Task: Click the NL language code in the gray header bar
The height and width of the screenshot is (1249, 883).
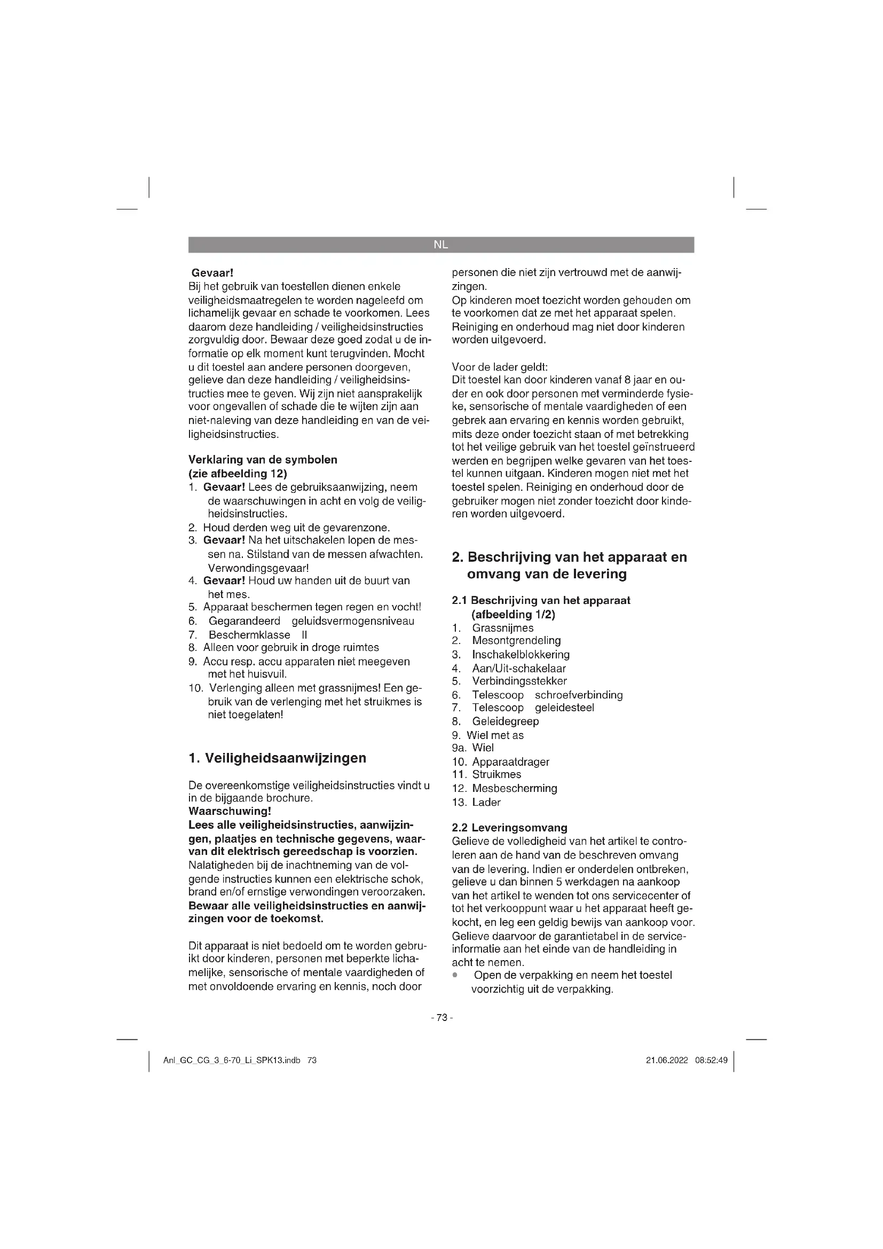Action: tap(441, 245)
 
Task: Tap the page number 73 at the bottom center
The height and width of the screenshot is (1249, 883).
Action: tap(441, 1017)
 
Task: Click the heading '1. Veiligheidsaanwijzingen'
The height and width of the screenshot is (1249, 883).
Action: tap(277, 758)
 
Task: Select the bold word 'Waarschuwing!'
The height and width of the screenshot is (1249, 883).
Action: tap(230, 811)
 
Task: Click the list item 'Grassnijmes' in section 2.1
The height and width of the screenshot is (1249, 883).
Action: tap(502, 628)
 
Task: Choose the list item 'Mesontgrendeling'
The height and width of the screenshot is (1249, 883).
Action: tap(516, 640)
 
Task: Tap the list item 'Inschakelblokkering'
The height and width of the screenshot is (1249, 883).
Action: tap(521, 655)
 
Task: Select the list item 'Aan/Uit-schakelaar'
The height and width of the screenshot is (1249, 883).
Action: tap(519, 668)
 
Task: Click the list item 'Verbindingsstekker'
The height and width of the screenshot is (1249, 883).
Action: tap(519, 681)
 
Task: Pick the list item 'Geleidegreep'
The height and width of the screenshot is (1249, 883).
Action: tap(505, 721)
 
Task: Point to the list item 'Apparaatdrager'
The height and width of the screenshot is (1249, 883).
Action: tap(510, 761)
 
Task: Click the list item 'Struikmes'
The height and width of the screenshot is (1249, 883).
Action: tap(496, 774)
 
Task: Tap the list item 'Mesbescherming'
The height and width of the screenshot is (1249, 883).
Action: tap(514, 788)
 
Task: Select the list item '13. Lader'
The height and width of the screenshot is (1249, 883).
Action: tap(476, 802)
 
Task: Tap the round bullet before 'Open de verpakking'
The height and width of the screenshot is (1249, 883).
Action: tap(455, 976)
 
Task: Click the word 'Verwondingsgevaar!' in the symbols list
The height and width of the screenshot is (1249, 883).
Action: tap(258, 568)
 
